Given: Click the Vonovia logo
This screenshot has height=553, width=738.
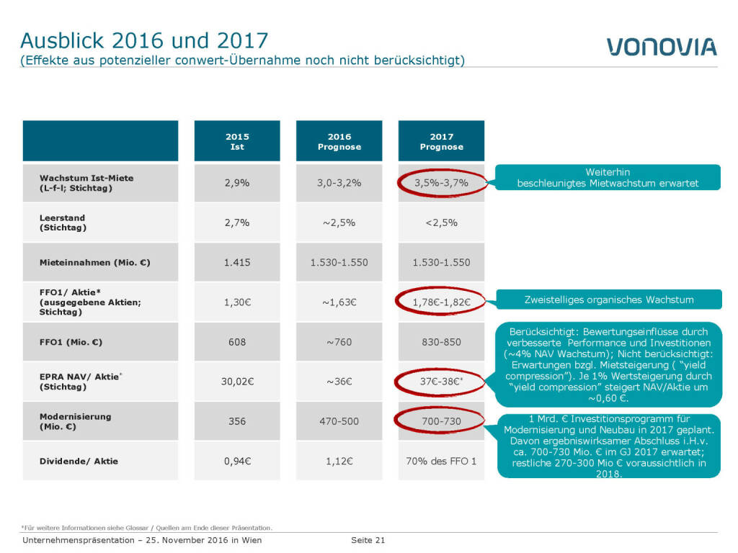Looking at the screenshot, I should [662, 47].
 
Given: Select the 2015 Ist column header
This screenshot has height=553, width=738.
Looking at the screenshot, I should [237, 141].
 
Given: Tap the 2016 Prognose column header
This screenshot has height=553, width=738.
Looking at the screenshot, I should [339, 141].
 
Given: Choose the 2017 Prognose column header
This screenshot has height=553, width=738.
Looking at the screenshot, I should [442, 141].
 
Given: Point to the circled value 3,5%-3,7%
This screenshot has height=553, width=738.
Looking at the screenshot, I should [442, 183].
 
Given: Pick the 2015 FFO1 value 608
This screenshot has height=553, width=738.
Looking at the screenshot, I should [237, 342].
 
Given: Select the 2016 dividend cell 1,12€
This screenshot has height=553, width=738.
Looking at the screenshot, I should [339, 461].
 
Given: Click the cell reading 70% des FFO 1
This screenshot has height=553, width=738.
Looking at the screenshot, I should [442, 461].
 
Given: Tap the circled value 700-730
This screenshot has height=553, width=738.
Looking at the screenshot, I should [442, 421].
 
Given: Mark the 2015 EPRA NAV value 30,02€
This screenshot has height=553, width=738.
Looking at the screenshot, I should [237, 382].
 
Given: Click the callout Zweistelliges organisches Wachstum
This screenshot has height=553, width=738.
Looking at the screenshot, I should [609, 300].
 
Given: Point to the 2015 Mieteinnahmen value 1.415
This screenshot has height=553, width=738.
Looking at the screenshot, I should [237, 262].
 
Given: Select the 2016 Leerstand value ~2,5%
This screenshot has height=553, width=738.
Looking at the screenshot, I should [339, 222].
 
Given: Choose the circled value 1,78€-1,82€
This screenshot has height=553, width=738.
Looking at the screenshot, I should [442, 302].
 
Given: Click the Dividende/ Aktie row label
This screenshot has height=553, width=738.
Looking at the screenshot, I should [79, 461].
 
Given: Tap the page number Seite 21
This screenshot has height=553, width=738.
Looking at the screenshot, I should [368, 540].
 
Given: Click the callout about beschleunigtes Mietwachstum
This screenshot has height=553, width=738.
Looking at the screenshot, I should [608, 178].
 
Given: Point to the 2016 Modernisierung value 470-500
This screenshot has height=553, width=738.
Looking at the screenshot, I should [339, 421].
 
